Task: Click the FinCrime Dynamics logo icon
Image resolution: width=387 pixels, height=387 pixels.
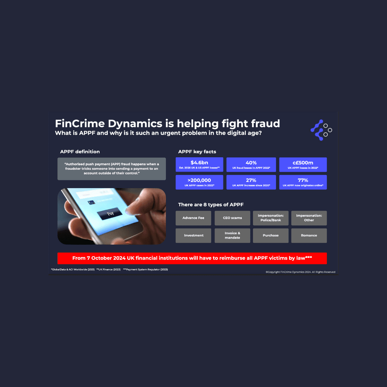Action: click(x=321, y=130)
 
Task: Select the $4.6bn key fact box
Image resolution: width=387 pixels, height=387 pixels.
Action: click(x=199, y=164)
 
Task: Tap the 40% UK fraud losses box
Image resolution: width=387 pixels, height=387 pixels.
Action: click(x=251, y=164)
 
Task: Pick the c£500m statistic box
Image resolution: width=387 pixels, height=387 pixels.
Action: click(x=303, y=164)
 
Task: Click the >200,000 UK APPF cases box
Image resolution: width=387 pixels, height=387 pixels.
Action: click(x=199, y=182)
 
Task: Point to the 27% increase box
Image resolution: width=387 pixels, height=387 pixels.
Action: click(x=251, y=182)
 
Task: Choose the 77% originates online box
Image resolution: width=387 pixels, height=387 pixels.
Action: click(x=303, y=182)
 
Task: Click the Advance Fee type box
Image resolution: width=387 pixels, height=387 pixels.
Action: click(x=193, y=218)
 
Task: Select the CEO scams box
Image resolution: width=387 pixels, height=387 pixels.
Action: click(x=232, y=218)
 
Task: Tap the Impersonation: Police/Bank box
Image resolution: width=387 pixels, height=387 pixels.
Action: click(x=271, y=218)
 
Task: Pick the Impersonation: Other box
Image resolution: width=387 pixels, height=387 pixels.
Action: click(x=309, y=218)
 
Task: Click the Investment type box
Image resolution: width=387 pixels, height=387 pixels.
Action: click(x=193, y=235)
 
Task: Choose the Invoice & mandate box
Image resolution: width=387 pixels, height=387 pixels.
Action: click(x=232, y=235)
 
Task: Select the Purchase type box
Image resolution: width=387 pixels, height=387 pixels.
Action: click(x=271, y=235)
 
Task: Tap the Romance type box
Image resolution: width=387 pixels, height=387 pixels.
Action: click(x=309, y=235)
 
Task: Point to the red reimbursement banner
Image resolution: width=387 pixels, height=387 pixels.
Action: click(x=192, y=258)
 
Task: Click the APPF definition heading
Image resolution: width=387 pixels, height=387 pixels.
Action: click(x=80, y=152)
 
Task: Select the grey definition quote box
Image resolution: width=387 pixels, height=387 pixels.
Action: click(x=111, y=169)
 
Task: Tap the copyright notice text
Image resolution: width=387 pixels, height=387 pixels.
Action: click(x=300, y=272)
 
